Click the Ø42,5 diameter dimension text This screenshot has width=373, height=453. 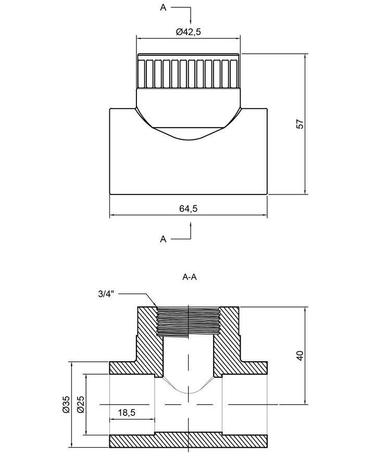click(188, 31)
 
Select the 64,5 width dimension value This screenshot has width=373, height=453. click(188, 209)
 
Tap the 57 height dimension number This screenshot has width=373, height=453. click(300, 124)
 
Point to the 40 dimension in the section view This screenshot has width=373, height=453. click(300, 356)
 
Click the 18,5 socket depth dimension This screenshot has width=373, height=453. click(127, 412)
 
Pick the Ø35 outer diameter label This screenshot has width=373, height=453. click(66, 405)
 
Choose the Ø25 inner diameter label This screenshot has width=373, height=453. click(81, 405)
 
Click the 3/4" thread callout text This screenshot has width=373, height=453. click(106, 294)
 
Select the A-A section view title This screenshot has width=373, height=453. click(190, 277)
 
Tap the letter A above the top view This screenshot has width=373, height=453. click(164, 7)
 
